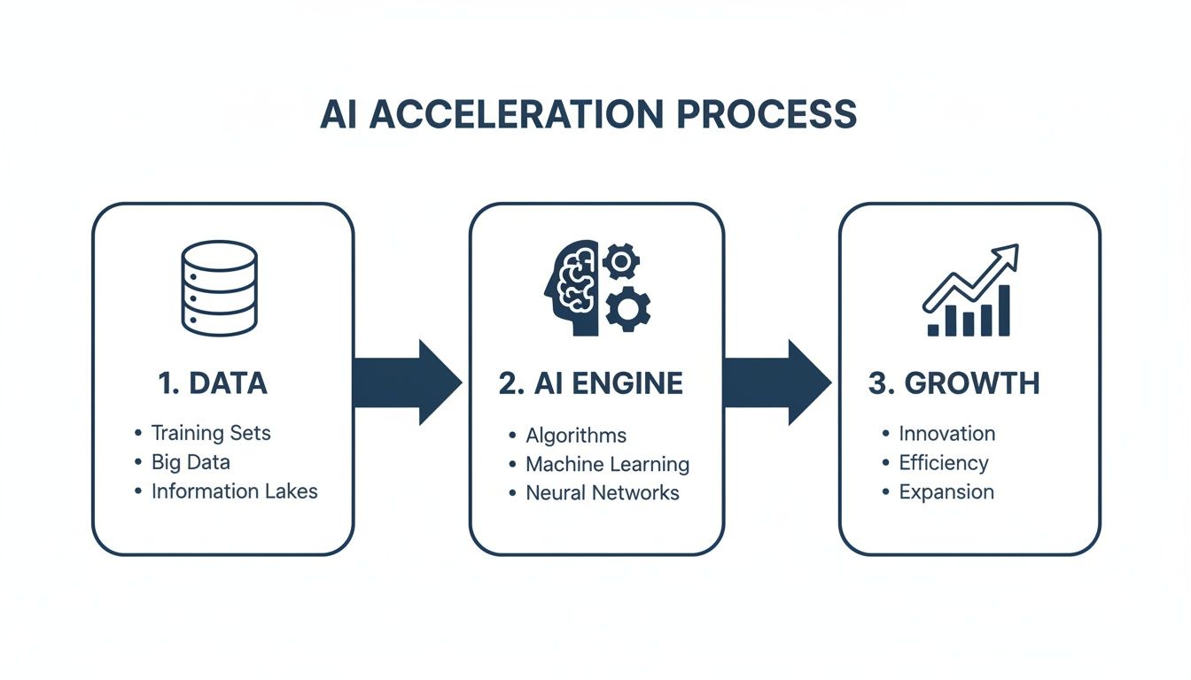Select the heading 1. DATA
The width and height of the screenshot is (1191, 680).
click(x=212, y=382)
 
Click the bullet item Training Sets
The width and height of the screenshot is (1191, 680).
click(x=211, y=433)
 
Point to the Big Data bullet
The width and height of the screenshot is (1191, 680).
click(x=191, y=462)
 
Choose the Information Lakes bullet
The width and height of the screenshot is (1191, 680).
click(x=234, y=491)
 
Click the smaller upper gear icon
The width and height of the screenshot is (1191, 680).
click(x=620, y=261)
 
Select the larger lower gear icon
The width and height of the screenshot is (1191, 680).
click(x=628, y=308)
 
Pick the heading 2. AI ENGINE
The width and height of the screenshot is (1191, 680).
click(x=590, y=382)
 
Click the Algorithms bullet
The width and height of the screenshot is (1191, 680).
click(x=576, y=435)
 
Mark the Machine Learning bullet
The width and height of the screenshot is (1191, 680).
click(x=607, y=464)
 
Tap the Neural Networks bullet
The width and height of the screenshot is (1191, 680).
click(x=603, y=493)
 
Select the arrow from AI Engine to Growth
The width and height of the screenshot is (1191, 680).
click(x=776, y=382)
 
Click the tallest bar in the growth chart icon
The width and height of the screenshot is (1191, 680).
click(x=1004, y=311)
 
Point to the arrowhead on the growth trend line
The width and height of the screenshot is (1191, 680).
click(x=1008, y=257)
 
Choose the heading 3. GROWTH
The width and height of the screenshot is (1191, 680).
click(x=954, y=382)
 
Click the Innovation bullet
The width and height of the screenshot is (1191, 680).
click(x=946, y=434)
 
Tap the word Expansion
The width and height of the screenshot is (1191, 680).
click(x=946, y=492)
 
